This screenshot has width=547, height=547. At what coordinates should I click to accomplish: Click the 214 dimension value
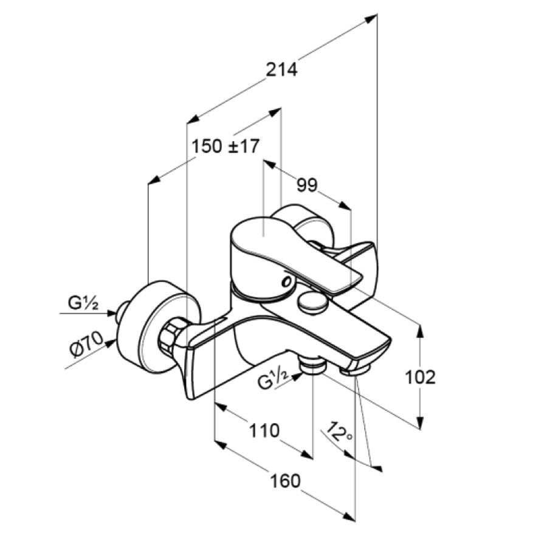click(x=281, y=69)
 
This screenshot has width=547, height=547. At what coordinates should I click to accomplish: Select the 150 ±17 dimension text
click(x=225, y=146)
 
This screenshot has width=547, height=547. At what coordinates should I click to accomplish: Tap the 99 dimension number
click(x=307, y=185)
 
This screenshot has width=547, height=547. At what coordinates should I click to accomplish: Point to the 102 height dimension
click(x=420, y=377)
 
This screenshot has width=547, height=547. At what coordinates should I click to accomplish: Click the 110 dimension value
click(x=264, y=430)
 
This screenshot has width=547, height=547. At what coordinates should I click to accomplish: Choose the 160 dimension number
click(x=286, y=481)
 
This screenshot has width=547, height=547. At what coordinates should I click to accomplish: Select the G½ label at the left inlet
click(x=83, y=303)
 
